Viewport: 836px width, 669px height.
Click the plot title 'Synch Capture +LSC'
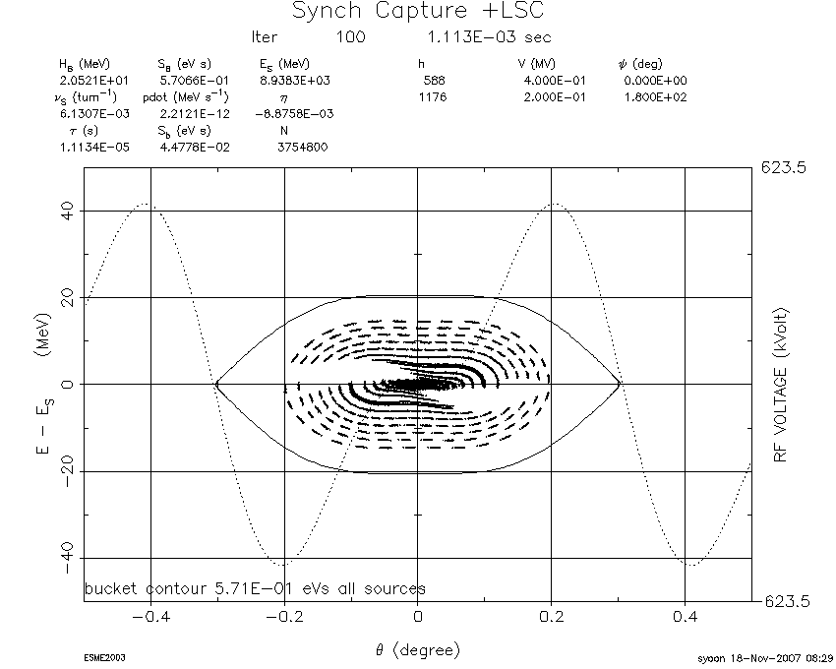click(x=418, y=11)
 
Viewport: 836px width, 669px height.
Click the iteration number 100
click(x=351, y=36)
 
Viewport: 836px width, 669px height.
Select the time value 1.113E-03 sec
click(x=489, y=36)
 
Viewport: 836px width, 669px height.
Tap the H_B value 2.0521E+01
click(x=93, y=81)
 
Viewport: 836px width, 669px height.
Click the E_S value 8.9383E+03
click(x=295, y=81)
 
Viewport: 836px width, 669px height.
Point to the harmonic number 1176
click(x=433, y=97)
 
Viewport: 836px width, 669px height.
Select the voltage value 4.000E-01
click(x=555, y=81)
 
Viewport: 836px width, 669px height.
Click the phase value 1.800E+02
click(x=655, y=97)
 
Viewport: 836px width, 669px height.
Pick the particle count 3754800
click(x=302, y=148)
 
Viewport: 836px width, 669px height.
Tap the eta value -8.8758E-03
click(x=294, y=114)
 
